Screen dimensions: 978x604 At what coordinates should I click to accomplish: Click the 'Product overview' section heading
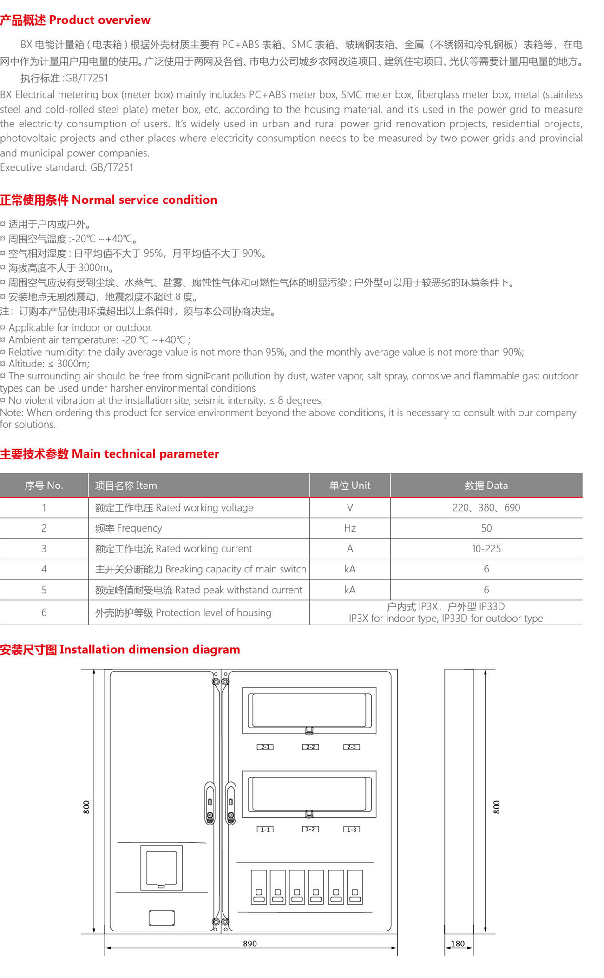(x=75, y=20)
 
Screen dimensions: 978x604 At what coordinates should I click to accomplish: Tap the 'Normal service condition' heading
(x=108, y=200)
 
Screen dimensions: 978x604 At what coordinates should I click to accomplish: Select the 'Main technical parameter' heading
(x=109, y=454)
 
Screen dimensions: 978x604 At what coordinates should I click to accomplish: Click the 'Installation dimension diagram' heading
(x=120, y=650)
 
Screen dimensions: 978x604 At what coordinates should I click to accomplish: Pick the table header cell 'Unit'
(x=350, y=486)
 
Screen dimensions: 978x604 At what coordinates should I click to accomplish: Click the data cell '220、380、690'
(x=486, y=507)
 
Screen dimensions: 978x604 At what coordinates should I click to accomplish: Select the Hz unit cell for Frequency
(x=350, y=528)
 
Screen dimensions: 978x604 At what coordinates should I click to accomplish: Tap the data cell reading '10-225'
(x=486, y=549)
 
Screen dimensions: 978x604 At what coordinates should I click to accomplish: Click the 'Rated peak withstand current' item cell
(x=198, y=590)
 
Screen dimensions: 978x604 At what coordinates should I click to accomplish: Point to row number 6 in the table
(x=44, y=612)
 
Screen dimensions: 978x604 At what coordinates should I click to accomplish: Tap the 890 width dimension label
(x=250, y=944)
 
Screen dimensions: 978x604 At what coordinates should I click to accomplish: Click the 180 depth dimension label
(x=458, y=944)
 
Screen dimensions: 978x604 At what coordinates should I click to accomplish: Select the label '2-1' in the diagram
(x=265, y=747)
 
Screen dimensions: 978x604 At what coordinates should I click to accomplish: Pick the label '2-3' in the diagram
(x=352, y=747)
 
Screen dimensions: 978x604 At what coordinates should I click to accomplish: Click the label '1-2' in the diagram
(x=310, y=829)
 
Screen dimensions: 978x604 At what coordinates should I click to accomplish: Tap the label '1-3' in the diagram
(x=352, y=829)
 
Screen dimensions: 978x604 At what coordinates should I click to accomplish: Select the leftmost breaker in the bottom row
(x=259, y=887)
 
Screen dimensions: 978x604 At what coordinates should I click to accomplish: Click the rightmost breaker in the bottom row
(x=355, y=887)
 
